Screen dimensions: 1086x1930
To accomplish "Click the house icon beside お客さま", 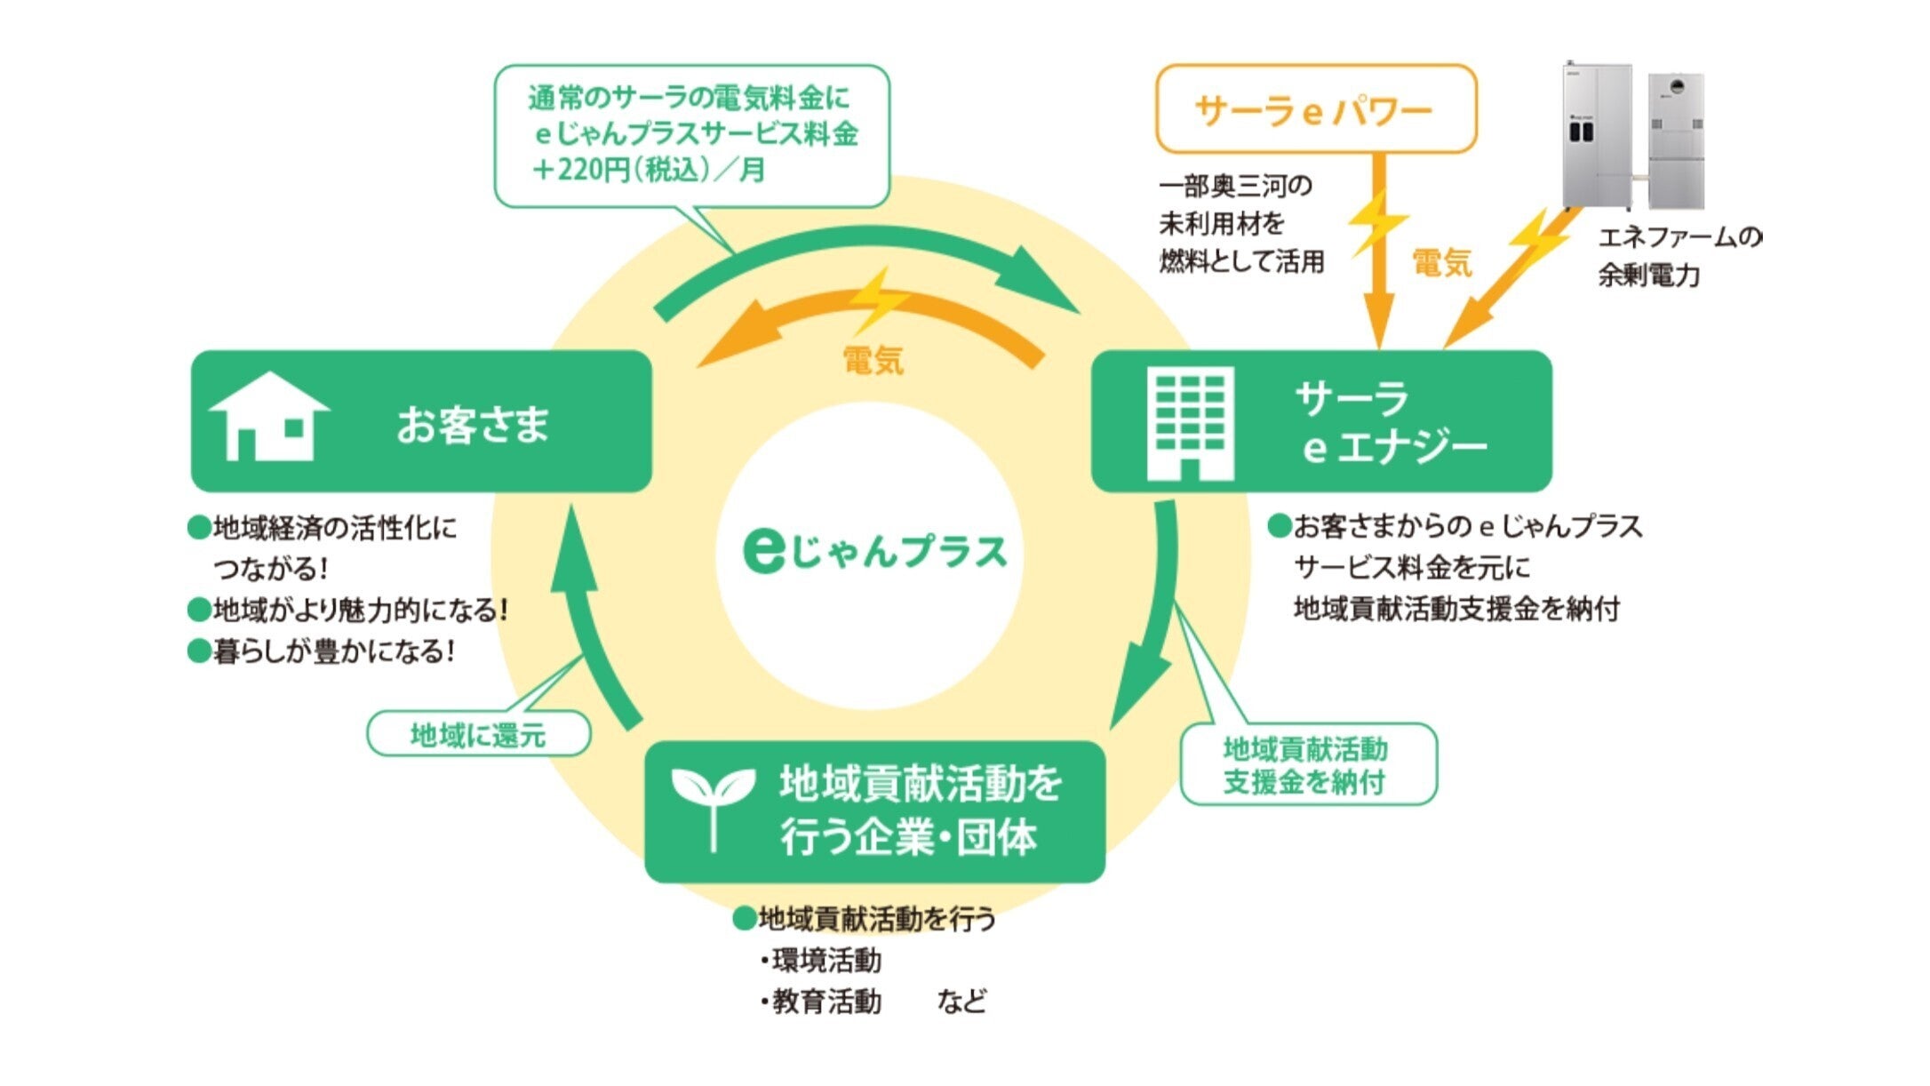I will [268, 416].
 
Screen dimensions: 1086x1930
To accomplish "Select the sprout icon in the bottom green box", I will [713, 805].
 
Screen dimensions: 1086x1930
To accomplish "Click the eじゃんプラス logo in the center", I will [874, 551].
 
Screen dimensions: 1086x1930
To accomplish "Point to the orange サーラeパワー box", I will [1315, 109].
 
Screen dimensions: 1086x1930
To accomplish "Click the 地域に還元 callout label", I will [478, 735].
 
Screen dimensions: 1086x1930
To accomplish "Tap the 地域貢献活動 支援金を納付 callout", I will [1306, 765].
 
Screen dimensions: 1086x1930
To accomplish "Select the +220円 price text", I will [649, 169].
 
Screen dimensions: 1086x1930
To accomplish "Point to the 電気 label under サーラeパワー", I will [1441, 263].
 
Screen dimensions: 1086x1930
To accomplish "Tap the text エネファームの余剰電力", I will [1675, 256].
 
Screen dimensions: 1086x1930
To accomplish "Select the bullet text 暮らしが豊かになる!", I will [334, 652].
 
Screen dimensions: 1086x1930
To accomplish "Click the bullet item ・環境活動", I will [822, 961].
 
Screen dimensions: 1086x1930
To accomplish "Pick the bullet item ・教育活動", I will [822, 1002].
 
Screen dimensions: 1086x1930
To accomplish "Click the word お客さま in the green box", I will [473, 423].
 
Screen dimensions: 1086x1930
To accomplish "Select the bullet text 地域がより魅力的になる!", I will [360, 611].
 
